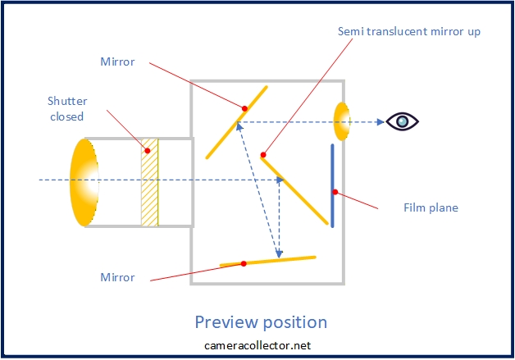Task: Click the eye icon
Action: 403,121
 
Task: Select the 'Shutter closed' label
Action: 66,109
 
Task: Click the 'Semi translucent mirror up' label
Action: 409,31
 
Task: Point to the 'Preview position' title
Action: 261,321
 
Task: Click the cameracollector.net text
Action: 257,345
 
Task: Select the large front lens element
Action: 84,182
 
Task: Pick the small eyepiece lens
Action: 341,121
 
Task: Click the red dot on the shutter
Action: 148,150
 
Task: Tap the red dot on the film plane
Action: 335,193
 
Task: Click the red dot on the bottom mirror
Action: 244,264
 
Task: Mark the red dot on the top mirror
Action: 244,108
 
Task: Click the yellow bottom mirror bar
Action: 279,261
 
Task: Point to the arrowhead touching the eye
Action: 381,121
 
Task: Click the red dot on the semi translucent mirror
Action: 263,154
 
